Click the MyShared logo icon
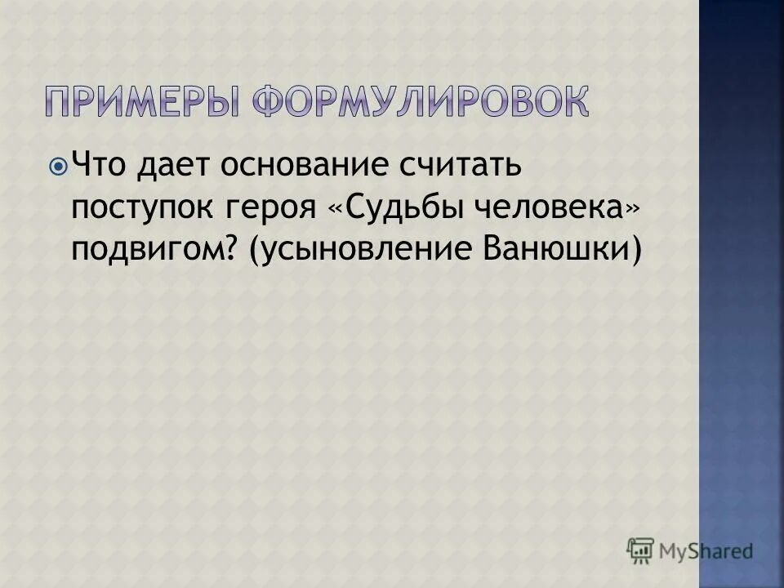coord(640,550)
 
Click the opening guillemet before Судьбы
coord(335,209)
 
